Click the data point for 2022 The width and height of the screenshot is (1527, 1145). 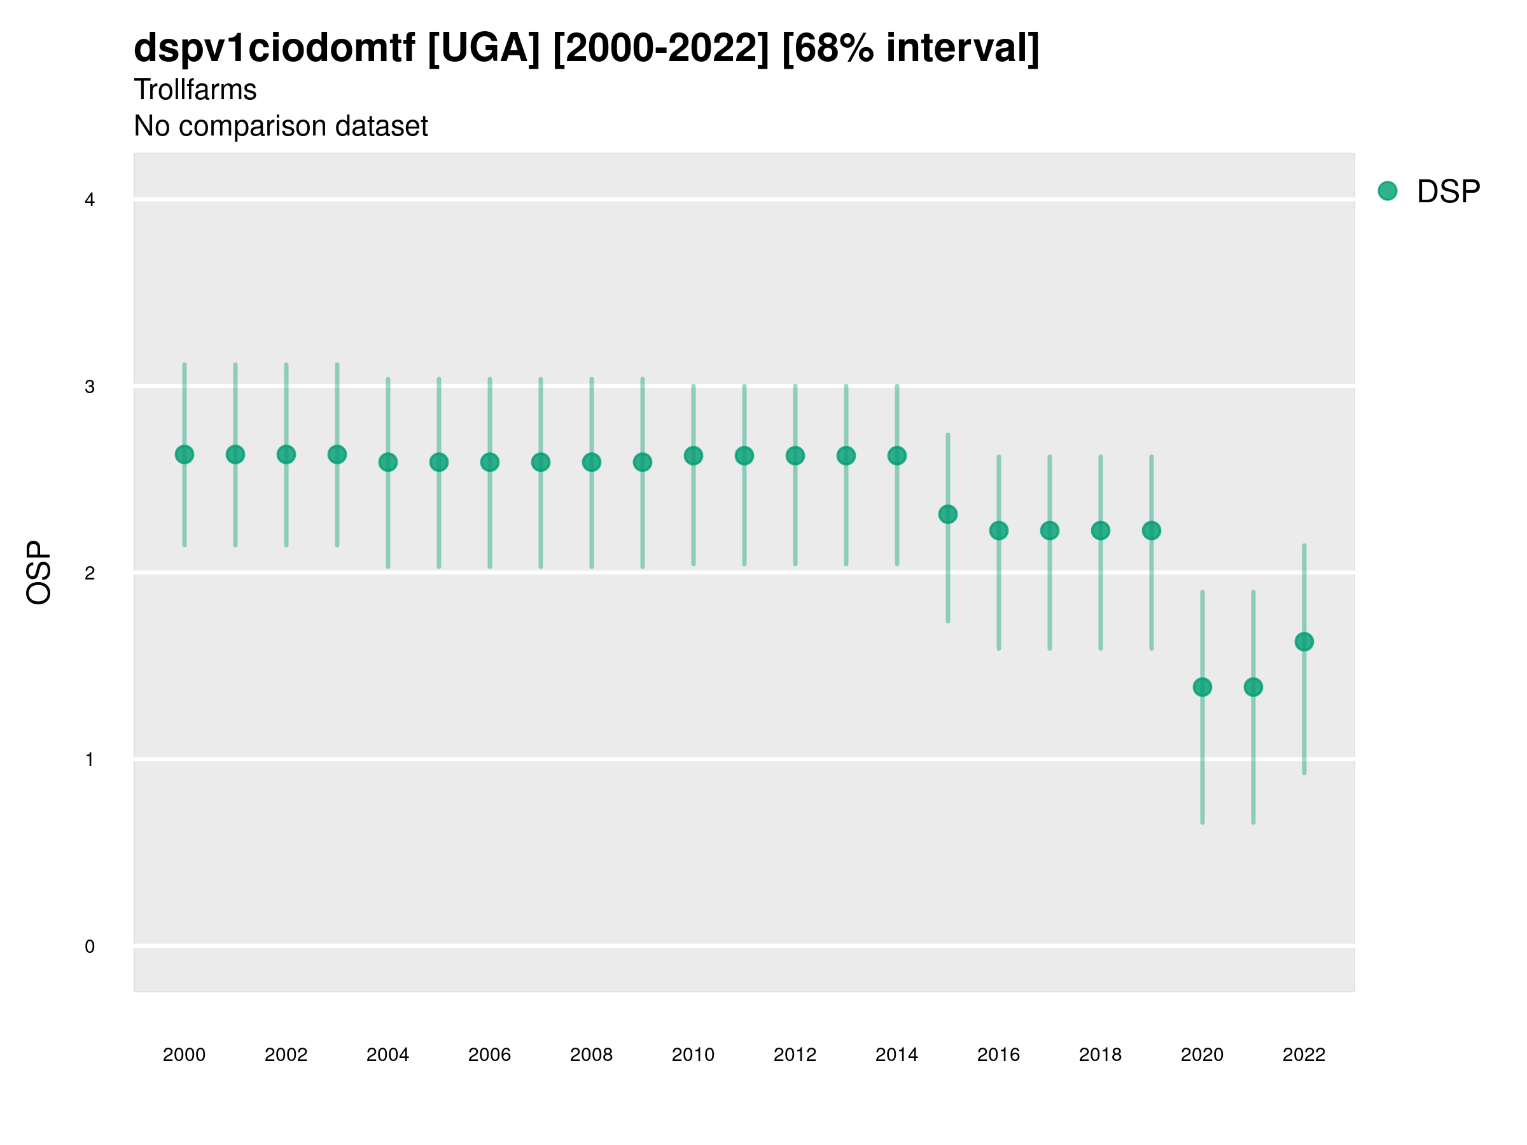1304,642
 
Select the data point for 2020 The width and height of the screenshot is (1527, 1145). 1203,688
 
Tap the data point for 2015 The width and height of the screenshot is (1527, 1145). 948,514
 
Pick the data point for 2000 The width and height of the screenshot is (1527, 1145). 185,455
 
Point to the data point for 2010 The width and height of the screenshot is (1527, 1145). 694,455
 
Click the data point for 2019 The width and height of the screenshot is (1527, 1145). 1152,531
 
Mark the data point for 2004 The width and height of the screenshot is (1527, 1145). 388,462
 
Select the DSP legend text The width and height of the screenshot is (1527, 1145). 1448,192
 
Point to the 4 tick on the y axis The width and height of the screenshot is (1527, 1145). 90,200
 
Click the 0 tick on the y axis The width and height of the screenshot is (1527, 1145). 90,947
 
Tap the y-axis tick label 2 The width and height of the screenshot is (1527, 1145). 90,574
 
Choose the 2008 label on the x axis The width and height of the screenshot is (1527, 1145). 592,1055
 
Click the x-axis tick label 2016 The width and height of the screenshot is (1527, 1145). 999,1055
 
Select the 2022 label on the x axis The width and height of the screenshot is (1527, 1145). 1304,1055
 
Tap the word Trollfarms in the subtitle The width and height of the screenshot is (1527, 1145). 195,90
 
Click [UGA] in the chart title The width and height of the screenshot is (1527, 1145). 483,48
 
